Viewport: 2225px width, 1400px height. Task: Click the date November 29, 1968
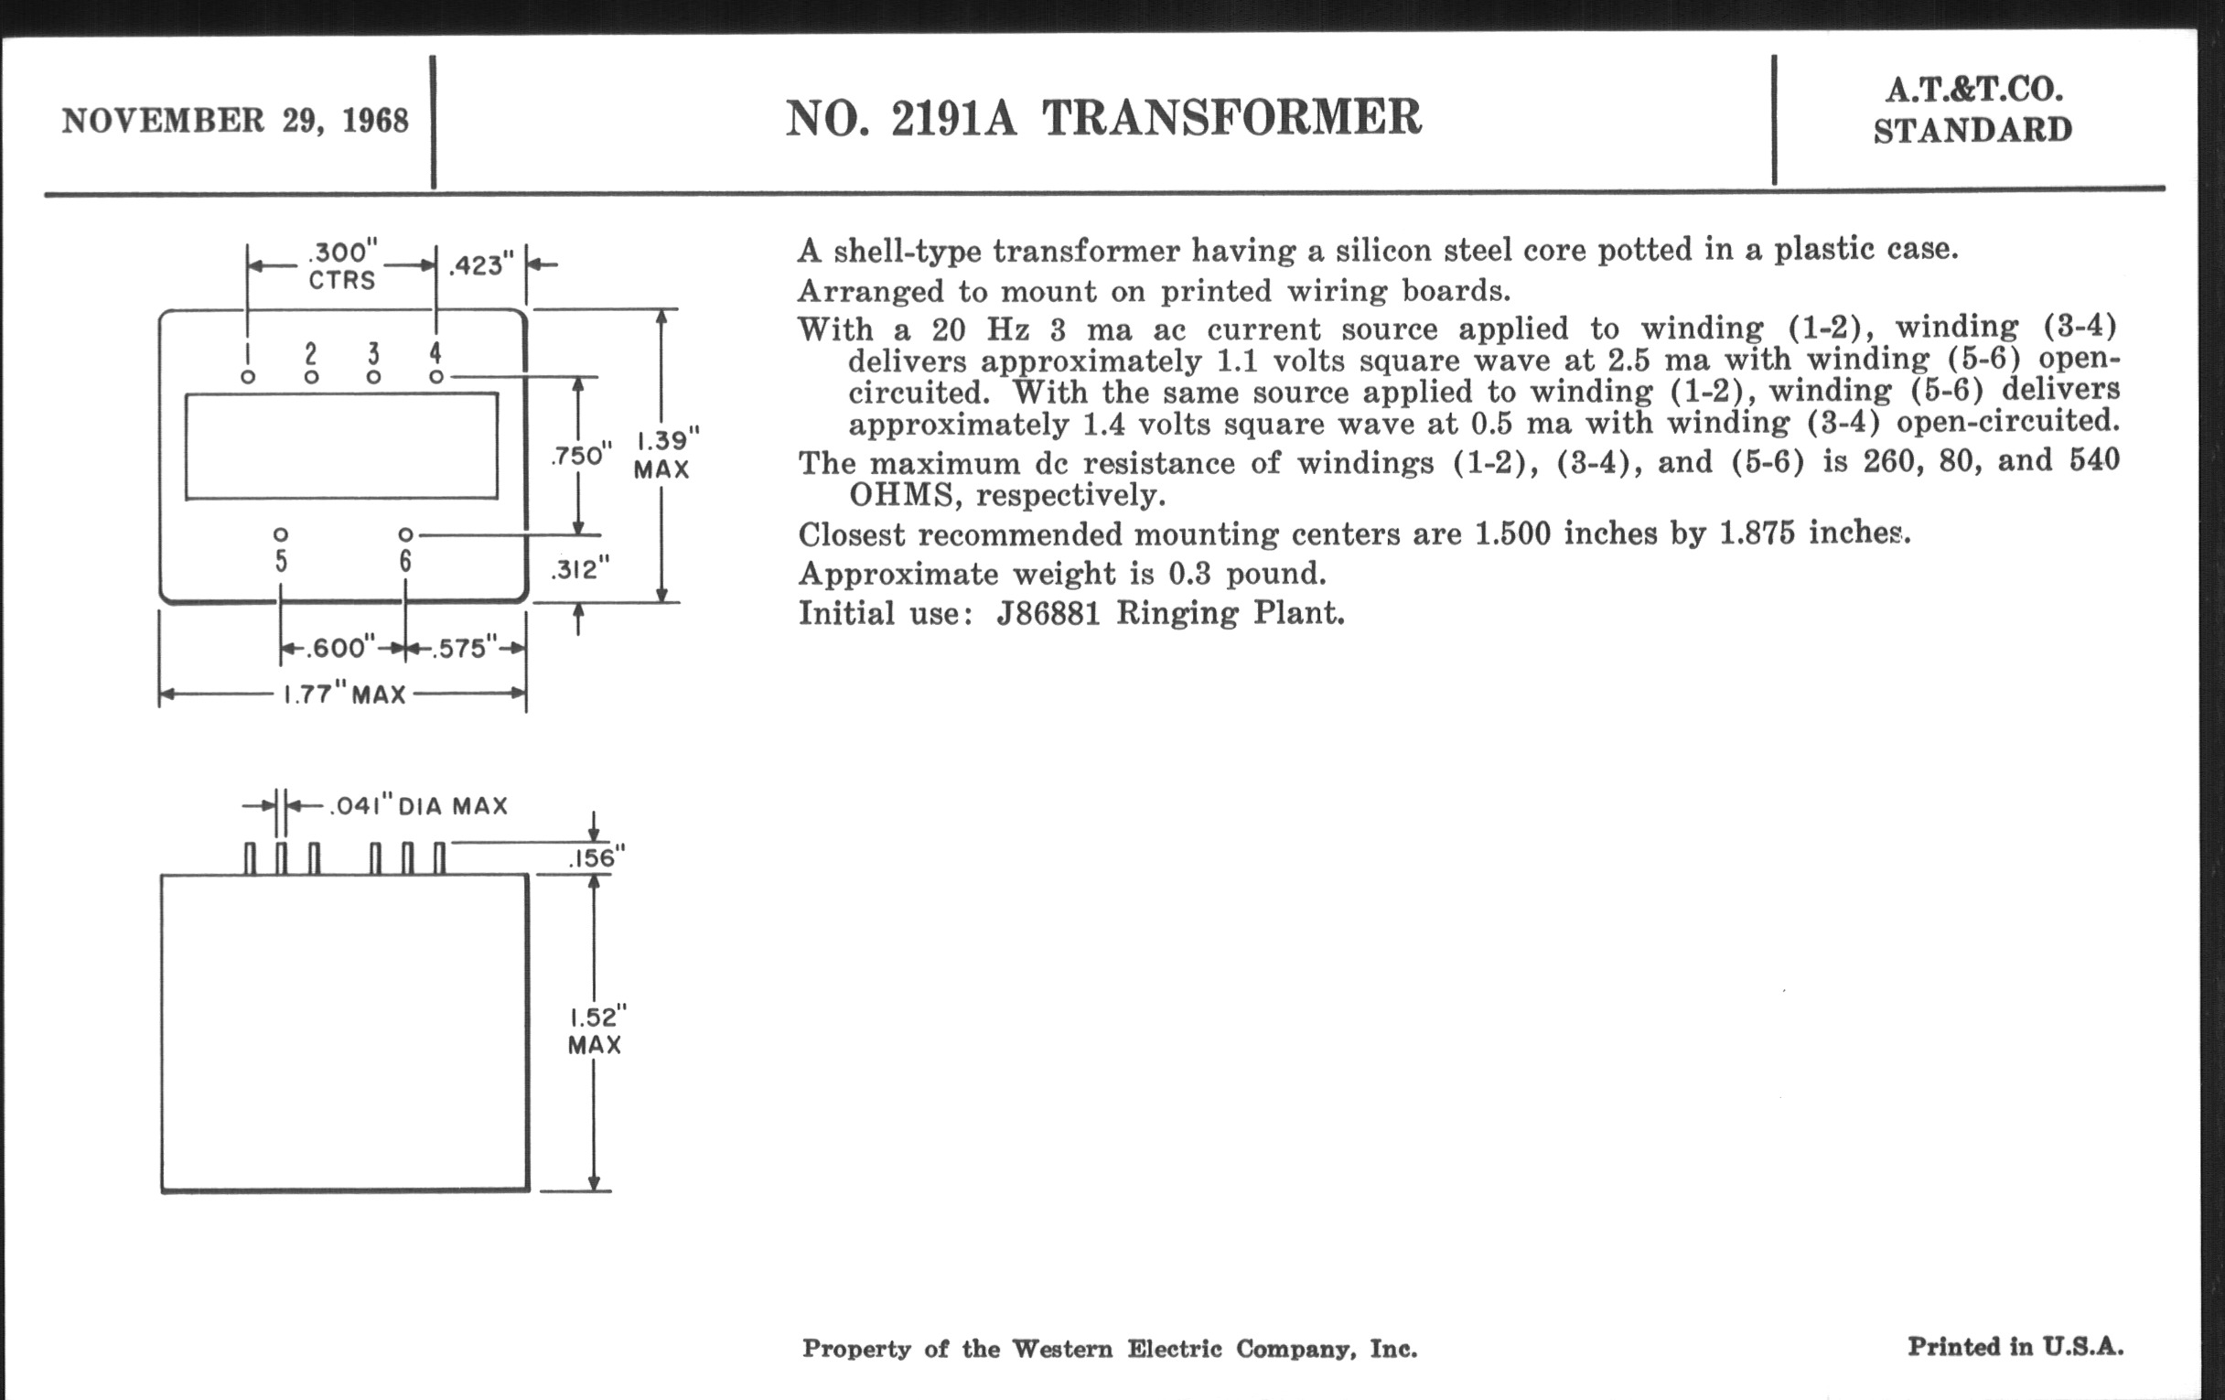click(235, 121)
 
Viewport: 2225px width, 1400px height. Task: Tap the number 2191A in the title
click(953, 118)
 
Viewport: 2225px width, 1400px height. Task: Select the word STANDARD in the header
click(1972, 130)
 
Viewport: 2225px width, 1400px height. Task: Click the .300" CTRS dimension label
click(342, 265)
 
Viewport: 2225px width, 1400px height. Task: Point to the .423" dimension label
click(480, 266)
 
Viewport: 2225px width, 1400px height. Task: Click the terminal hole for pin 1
click(248, 377)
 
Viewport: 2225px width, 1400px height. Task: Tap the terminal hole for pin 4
click(436, 377)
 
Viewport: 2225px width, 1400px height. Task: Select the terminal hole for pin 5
click(281, 535)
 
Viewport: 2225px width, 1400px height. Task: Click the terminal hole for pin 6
click(404, 535)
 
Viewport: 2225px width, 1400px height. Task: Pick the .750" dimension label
click(581, 456)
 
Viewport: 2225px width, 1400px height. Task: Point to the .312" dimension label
click(580, 569)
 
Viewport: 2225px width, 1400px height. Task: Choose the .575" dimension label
click(458, 649)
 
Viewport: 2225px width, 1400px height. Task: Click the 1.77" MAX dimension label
click(344, 694)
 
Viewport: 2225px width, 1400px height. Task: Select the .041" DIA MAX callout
click(418, 807)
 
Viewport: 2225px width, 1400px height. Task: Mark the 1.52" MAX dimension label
click(596, 1031)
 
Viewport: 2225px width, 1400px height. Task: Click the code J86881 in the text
click(1048, 614)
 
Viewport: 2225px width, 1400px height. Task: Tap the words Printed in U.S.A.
click(2015, 1346)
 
